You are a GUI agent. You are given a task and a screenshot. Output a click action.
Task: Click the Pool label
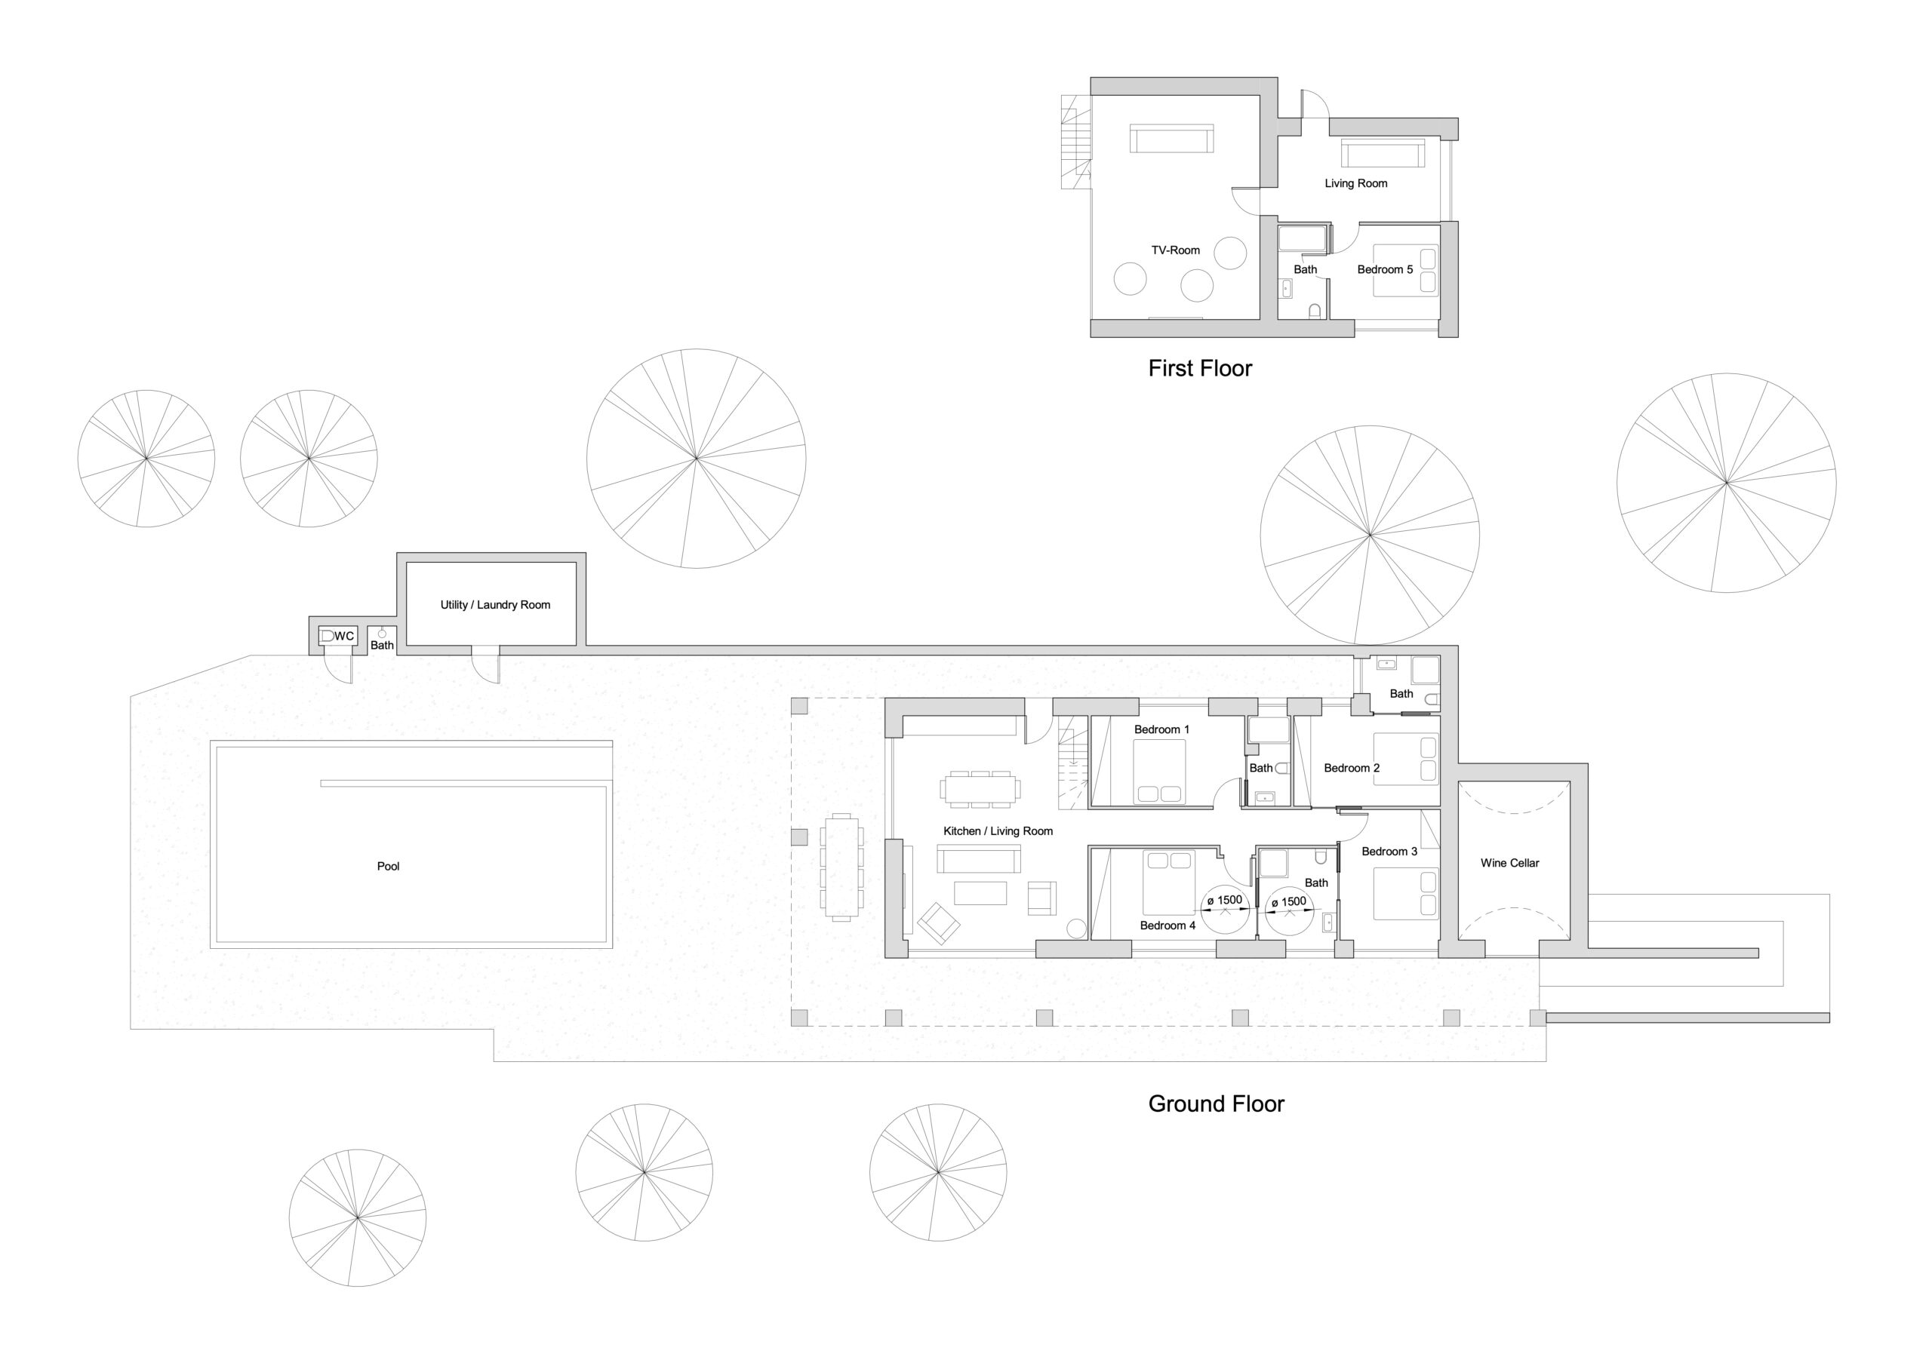coord(388,867)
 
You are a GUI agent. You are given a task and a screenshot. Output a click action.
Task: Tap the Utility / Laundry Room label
coord(495,605)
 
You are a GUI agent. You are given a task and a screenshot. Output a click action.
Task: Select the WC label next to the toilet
coord(344,636)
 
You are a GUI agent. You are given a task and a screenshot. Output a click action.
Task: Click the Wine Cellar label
coord(1509,863)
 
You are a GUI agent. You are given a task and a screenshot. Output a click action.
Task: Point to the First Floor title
coord(1200,368)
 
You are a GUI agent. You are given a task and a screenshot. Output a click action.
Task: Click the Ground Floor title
coord(1216,1104)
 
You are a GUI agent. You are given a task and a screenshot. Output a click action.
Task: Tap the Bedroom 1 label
coord(1161,729)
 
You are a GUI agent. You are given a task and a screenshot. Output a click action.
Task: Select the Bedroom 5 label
coord(1385,269)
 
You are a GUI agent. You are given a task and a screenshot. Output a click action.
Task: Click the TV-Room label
coord(1176,250)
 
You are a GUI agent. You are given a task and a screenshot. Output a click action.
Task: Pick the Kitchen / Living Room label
coord(998,831)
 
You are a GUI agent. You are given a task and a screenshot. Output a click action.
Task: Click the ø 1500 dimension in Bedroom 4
coord(1224,900)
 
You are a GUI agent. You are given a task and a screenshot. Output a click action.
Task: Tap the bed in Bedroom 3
coord(1406,893)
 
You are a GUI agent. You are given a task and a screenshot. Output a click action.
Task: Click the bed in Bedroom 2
coord(1406,759)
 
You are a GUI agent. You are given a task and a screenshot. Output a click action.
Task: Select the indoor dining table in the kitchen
coord(980,788)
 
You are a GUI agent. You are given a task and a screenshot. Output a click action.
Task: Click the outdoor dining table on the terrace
coord(841,867)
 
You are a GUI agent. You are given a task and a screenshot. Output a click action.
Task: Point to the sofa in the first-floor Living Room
coord(1383,154)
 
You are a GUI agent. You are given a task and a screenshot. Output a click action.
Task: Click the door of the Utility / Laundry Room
coord(485,664)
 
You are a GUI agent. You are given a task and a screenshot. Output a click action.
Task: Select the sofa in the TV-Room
coord(1171,139)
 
